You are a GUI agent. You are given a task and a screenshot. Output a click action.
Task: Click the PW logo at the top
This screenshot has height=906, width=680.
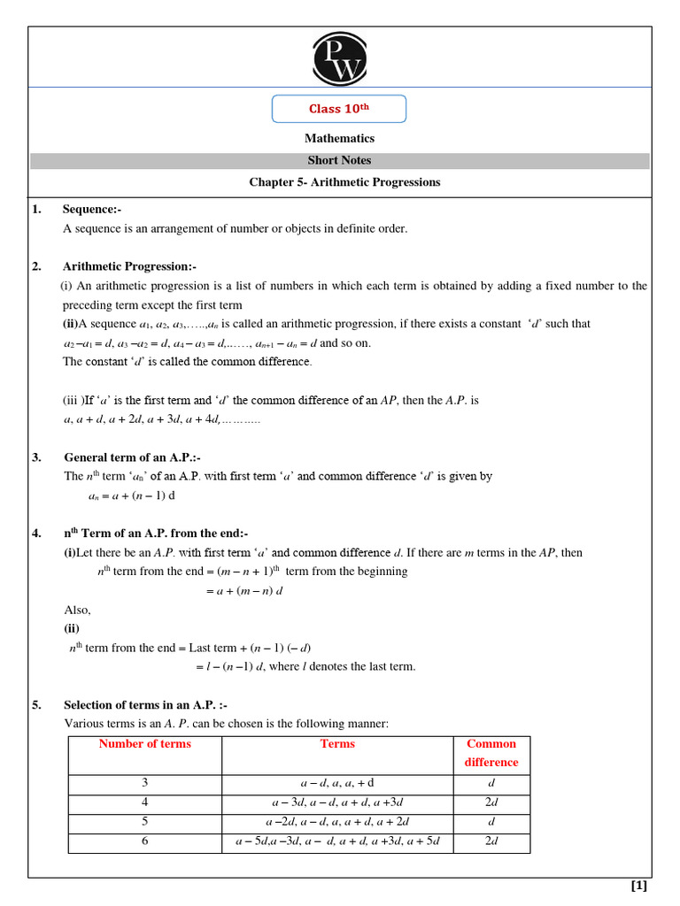pos(339,58)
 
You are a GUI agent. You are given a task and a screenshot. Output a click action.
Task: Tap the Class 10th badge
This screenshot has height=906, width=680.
pos(339,109)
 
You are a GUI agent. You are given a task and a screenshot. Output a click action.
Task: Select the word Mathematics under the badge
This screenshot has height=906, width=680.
pos(339,139)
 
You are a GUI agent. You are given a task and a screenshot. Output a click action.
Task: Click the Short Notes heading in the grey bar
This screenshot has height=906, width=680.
pos(339,161)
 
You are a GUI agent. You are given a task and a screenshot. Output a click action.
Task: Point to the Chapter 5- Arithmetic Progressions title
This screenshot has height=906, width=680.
pos(344,183)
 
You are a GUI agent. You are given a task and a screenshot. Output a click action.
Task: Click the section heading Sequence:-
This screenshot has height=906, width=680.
pos(91,210)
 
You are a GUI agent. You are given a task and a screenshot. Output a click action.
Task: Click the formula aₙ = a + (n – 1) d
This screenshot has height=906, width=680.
pos(132,495)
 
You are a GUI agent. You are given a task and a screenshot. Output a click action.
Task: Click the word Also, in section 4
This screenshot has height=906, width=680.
pos(78,610)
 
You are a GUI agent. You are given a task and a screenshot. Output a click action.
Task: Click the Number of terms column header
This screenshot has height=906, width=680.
pos(145,744)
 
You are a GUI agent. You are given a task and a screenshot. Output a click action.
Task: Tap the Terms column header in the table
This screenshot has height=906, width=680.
pos(337,744)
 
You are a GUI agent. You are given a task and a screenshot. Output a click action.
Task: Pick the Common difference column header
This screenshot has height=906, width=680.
pos(491,753)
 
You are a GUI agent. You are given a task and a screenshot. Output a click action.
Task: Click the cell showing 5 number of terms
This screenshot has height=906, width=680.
pos(145,822)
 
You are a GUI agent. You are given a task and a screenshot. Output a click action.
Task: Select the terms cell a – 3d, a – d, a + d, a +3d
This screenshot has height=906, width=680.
pos(337,802)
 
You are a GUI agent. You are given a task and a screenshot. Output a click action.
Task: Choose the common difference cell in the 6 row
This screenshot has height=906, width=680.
pos(491,841)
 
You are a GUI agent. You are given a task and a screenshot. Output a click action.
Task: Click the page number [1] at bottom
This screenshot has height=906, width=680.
pos(638,886)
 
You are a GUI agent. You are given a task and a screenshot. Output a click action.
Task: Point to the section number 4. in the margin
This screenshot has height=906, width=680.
pos(36,534)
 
